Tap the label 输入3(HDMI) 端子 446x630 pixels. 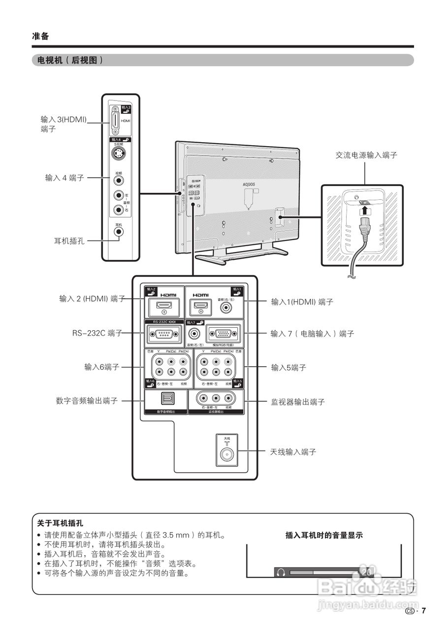(63, 124)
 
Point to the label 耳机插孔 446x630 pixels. (69, 241)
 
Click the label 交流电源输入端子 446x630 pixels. (366, 155)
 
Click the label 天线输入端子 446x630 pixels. (293, 451)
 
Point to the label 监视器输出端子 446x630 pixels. (298, 402)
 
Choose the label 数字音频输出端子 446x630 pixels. (87, 401)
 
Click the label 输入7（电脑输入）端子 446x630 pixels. (312, 334)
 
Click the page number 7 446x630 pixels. (423, 611)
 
